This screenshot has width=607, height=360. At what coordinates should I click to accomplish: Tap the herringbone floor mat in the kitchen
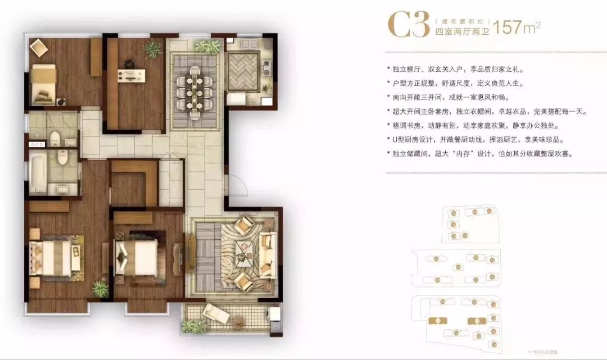243,70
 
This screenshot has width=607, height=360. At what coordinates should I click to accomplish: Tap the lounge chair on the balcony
217,312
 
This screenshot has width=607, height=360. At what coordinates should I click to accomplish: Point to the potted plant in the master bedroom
101,289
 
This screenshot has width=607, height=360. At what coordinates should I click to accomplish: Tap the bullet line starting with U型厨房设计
475,139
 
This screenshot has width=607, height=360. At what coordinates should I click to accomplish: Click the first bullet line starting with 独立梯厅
455,70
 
